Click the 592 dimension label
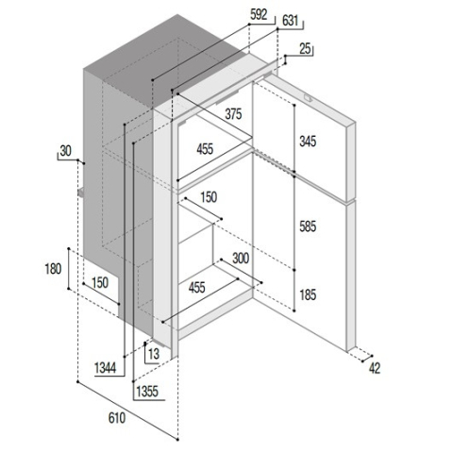(259, 15)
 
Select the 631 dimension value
(290, 21)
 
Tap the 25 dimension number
(305, 49)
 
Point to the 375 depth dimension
(233, 114)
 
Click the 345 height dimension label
(308, 142)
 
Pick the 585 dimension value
(308, 226)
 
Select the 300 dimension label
(241, 259)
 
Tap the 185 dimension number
(308, 294)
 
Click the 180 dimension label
(53, 269)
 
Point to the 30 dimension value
(65, 151)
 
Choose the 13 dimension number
(154, 354)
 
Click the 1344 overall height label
(105, 368)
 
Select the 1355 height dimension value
(147, 392)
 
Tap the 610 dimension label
(117, 418)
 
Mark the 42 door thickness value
(375, 368)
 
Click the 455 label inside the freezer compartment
(205, 149)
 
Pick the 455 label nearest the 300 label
(197, 287)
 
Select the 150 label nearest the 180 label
(100, 282)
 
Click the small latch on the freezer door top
(308, 98)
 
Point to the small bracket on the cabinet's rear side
(81, 193)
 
